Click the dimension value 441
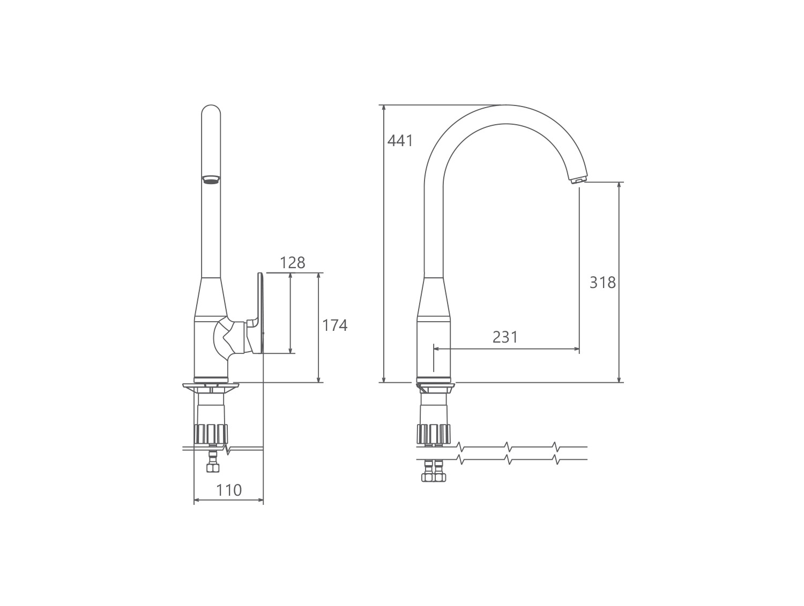click(400, 141)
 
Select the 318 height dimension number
click(602, 283)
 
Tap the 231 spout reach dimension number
click(505, 337)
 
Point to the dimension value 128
click(292, 263)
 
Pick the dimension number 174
click(334, 325)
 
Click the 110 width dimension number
click(229, 490)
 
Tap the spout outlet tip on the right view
click(578, 179)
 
